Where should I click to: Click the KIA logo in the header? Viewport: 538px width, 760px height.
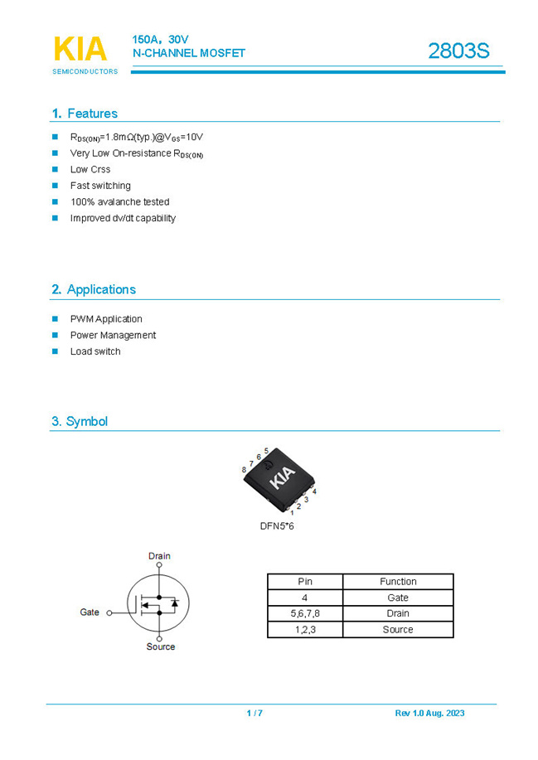pyautogui.click(x=80, y=50)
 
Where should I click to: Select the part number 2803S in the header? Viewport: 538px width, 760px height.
pyautogui.click(x=458, y=51)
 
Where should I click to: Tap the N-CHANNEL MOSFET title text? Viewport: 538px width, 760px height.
pyautogui.click(x=189, y=53)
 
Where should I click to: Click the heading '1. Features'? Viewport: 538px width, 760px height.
pyautogui.click(x=85, y=114)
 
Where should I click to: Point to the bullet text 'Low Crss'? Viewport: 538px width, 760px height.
pyautogui.click(x=90, y=170)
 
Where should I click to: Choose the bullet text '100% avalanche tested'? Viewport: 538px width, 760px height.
pyautogui.click(x=119, y=202)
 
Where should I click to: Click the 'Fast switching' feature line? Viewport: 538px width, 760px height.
pyautogui.click(x=100, y=186)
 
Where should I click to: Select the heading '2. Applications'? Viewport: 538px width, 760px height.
pyautogui.click(x=94, y=289)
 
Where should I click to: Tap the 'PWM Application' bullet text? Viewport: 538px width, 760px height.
pyautogui.click(x=106, y=319)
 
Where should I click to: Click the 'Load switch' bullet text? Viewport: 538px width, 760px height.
pyautogui.click(x=95, y=351)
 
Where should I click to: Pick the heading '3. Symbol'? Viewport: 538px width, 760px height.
pyautogui.click(x=80, y=421)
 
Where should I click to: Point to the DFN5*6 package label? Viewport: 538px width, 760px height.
pyautogui.click(x=277, y=526)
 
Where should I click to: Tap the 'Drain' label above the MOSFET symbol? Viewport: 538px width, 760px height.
pyautogui.click(x=159, y=556)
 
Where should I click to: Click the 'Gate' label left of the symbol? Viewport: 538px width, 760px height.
pyautogui.click(x=90, y=612)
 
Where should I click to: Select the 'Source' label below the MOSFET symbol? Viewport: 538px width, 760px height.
pyautogui.click(x=161, y=646)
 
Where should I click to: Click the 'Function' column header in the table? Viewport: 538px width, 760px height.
pyautogui.click(x=398, y=582)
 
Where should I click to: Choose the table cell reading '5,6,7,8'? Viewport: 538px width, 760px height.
pyautogui.click(x=305, y=613)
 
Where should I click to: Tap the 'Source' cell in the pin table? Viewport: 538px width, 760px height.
pyautogui.click(x=398, y=630)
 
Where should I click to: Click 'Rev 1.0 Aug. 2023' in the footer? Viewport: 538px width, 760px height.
pyautogui.click(x=429, y=714)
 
